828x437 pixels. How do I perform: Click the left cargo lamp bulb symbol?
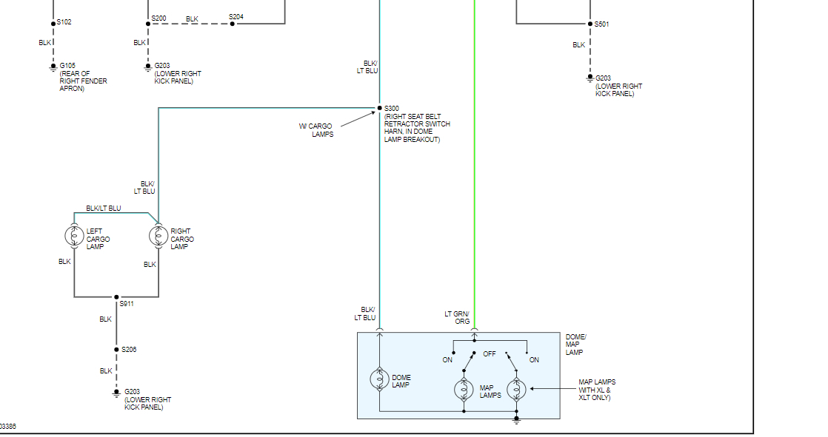coord(74,236)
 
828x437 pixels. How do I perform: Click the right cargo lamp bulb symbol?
coord(158,236)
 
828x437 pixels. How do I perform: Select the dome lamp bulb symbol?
coord(379,379)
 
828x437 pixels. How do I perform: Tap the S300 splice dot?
coord(379,109)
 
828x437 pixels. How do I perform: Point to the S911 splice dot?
coord(116,297)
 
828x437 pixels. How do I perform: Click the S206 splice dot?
coord(116,350)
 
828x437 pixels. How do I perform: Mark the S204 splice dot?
coord(232,24)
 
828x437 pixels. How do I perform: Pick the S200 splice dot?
coord(147,24)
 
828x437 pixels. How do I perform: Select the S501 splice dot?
coord(590,24)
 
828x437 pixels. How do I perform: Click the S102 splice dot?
coord(53,22)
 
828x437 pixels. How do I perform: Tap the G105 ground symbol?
coord(53,67)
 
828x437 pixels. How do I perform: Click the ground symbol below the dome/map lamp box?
coord(516,420)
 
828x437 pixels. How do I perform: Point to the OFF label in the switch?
coord(490,354)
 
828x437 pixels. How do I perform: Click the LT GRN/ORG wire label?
coord(457,318)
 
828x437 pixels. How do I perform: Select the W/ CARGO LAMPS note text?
coord(316,130)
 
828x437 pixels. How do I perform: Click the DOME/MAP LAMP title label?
coord(575,345)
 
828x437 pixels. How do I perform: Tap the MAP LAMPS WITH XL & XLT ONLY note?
coord(597,390)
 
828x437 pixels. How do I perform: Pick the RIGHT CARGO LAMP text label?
coord(182,239)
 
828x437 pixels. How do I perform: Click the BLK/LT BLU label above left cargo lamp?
coord(104,209)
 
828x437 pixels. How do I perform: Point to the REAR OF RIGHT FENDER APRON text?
coord(83,81)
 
